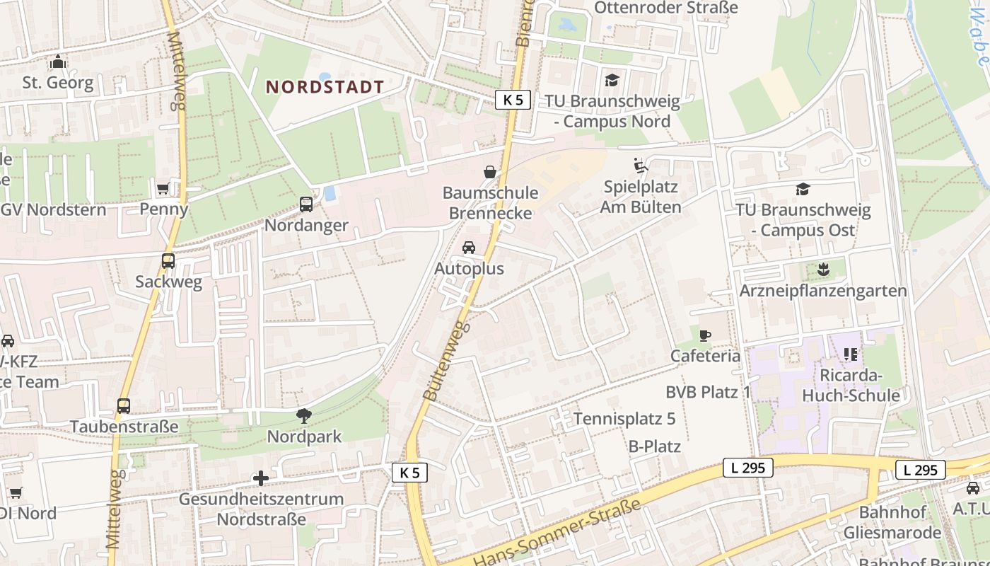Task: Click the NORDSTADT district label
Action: pos(325,87)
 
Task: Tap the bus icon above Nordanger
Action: pos(306,204)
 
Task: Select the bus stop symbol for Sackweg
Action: pos(168,260)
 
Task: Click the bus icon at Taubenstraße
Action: pos(124,406)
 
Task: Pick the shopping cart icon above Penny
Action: pos(163,188)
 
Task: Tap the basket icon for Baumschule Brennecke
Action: pos(489,172)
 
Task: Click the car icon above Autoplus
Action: pos(468,248)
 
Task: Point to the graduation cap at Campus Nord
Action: pos(612,80)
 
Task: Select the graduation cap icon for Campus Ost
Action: pos(803,189)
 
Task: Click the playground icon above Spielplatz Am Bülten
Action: pos(641,166)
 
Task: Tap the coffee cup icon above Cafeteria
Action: pos(704,335)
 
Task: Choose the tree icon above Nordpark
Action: pos(304,416)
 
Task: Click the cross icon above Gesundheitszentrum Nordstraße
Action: pos(261,478)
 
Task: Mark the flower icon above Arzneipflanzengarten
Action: pos(822,270)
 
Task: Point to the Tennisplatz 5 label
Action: pos(624,419)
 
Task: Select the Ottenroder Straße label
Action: pos(666,8)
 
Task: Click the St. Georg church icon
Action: pos(58,62)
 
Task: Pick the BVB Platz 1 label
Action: pos(708,392)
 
